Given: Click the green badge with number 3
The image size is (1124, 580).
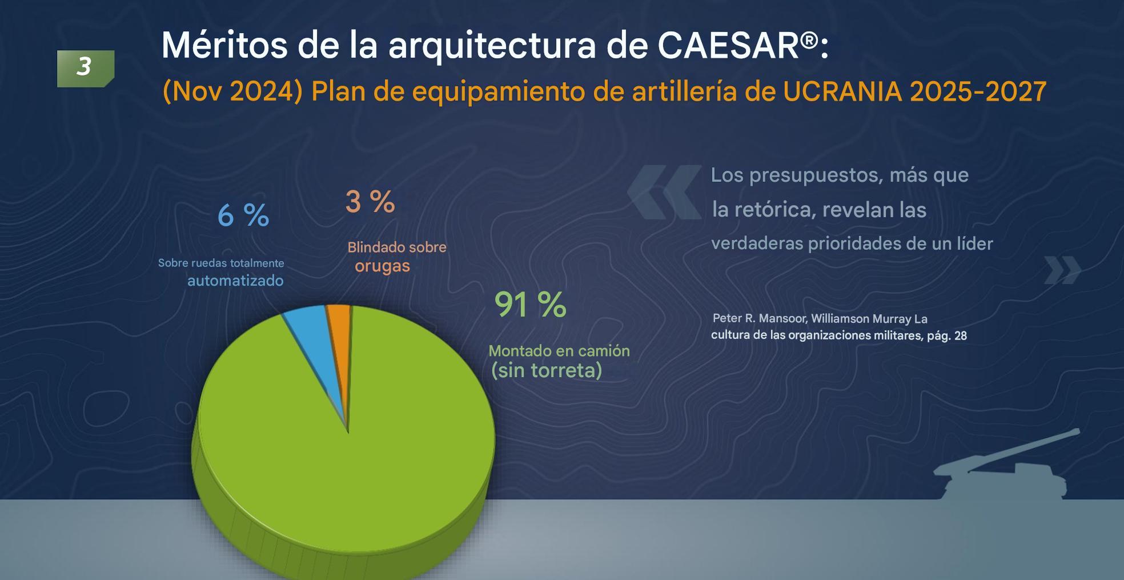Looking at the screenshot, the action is pyautogui.click(x=86, y=69).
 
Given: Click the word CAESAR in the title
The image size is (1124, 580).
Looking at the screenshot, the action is pyautogui.click(x=728, y=45).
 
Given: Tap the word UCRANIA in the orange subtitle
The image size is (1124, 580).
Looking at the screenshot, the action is pyautogui.click(x=842, y=91).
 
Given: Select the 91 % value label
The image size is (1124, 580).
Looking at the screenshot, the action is pyautogui.click(x=530, y=305).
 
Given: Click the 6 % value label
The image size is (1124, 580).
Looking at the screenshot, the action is pyautogui.click(x=243, y=216).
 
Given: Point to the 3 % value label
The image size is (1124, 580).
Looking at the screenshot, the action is pyautogui.click(x=370, y=202).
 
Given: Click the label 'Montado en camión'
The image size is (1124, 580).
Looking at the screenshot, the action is pyautogui.click(x=559, y=351).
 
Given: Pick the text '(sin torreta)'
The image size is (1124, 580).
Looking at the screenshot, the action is pyautogui.click(x=547, y=370).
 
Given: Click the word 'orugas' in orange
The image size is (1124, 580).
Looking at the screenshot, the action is pyautogui.click(x=382, y=266).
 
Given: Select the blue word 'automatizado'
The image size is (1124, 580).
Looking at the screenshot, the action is pyautogui.click(x=235, y=281).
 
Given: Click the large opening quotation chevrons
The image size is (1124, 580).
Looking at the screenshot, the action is pyautogui.click(x=664, y=192).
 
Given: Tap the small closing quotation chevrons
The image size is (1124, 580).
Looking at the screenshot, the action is pyautogui.click(x=1062, y=270).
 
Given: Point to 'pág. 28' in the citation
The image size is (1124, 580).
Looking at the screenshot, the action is pyautogui.click(x=947, y=335).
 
